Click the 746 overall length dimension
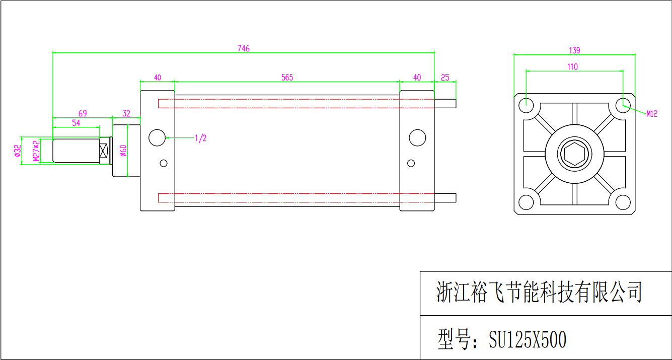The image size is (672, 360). point(243,48)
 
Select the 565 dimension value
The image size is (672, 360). point(287,78)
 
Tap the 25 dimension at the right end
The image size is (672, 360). point(445,78)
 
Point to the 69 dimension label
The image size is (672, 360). point(83,113)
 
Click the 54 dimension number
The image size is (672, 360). point(76,123)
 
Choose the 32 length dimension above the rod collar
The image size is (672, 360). point(126,113)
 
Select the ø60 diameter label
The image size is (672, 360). point(123,151)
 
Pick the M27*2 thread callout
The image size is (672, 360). point(36,151)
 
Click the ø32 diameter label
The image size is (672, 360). point(18,151)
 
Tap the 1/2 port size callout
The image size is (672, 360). point(201,138)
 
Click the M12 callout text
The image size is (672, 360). point(651,114)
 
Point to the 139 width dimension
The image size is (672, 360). point(574,50)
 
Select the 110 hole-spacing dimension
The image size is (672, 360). point(572,66)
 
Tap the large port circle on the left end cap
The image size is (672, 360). point(157,129)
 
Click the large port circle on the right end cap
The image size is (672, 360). point(417,129)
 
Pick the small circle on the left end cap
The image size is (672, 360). point(164,160)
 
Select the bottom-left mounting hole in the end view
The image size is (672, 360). point(526,195)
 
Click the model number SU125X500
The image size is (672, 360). point(528,339)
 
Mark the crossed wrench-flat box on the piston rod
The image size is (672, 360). point(103,151)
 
